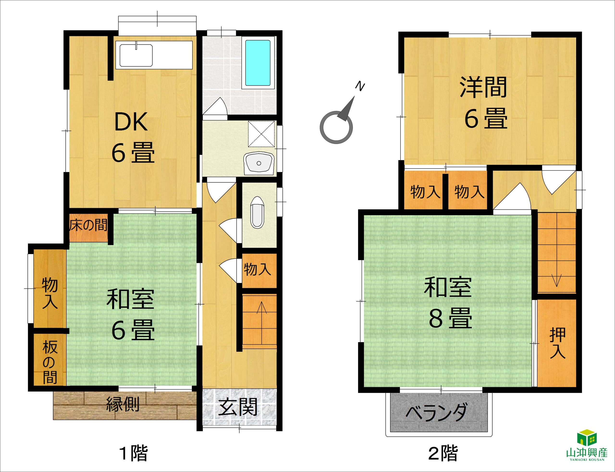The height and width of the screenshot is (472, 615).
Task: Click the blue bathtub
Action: (258, 63)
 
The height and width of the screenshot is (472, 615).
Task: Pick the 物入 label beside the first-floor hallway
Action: (258, 269)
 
